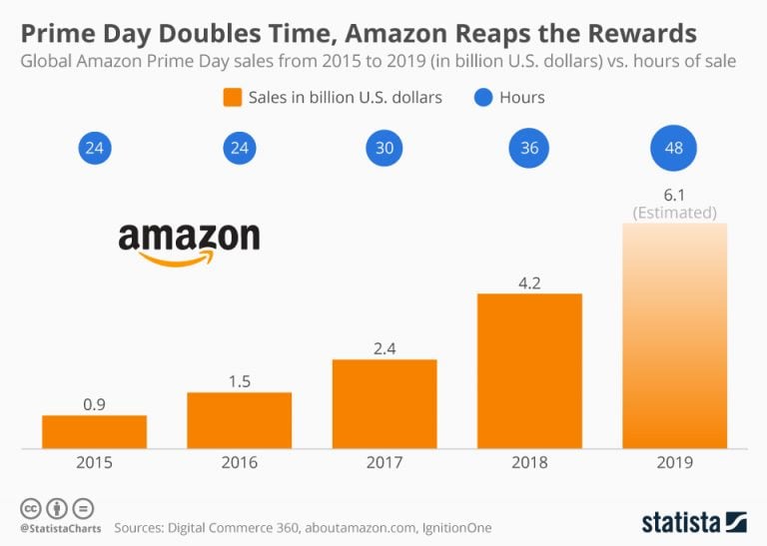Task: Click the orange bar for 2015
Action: [x=94, y=431]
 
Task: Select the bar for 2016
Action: [x=240, y=420]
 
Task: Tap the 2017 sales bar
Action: [x=384, y=403]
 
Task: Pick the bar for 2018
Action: [x=529, y=370]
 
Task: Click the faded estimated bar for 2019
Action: [x=674, y=335]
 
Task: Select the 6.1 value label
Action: [x=674, y=195]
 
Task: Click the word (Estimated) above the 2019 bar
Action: [x=674, y=212]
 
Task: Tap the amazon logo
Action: [x=189, y=241]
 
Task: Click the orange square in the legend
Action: [x=234, y=98]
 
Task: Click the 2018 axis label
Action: [x=529, y=462]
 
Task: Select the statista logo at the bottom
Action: [x=693, y=521]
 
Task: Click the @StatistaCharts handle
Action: [x=57, y=527]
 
